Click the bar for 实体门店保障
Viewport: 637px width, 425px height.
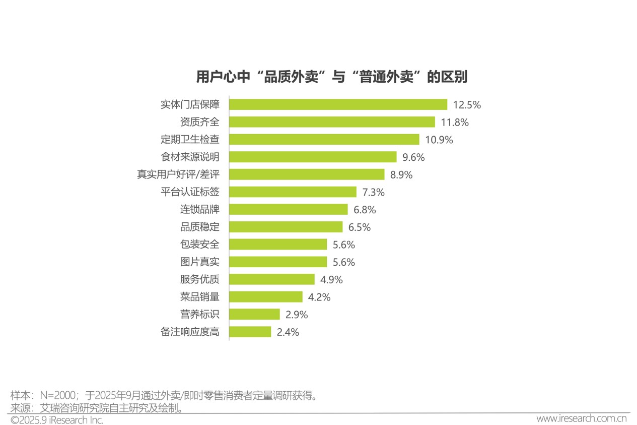point(338,104)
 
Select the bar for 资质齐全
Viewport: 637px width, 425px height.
point(332,122)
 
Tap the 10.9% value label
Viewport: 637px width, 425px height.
point(439,140)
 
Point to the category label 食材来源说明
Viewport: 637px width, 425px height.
point(190,157)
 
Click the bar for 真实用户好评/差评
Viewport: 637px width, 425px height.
point(307,174)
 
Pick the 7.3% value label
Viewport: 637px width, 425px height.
point(374,192)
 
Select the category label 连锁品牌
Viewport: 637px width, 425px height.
point(200,209)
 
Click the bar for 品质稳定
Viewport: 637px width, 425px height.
point(286,227)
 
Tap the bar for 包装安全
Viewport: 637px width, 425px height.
point(278,245)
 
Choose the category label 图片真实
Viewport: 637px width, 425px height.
point(200,262)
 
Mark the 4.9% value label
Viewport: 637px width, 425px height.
point(331,279)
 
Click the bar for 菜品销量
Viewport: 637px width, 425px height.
point(266,297)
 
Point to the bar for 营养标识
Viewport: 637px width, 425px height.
point(254,314)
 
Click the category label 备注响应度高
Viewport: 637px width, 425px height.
point(190,332)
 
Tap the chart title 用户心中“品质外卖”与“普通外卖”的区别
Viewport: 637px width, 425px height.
point(332,77)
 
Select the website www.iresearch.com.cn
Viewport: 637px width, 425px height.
point(581,419)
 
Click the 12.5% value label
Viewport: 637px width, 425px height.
point(467,105)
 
